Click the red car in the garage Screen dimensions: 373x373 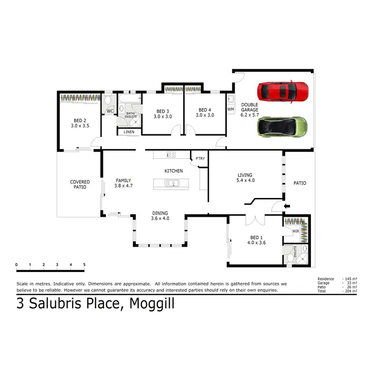282,91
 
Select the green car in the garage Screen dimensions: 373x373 282,126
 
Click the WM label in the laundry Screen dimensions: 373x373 230,109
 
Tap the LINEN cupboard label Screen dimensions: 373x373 129,132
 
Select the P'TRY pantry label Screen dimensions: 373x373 200,159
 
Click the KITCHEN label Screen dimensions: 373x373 174,171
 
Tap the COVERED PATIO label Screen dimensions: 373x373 80,185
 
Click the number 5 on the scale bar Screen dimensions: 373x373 84,264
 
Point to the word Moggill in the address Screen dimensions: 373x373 152,303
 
